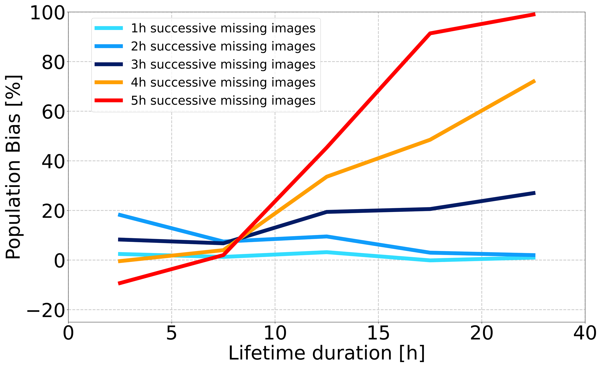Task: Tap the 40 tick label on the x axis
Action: coord(585,334)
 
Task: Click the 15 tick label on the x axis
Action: coord(378,334)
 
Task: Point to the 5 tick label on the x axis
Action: coord(172,334)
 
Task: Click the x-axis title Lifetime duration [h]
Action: coord(327,353)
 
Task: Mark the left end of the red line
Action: coord(119,283)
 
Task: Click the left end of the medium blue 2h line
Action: coord(119,215)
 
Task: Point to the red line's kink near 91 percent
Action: coord(430,33)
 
